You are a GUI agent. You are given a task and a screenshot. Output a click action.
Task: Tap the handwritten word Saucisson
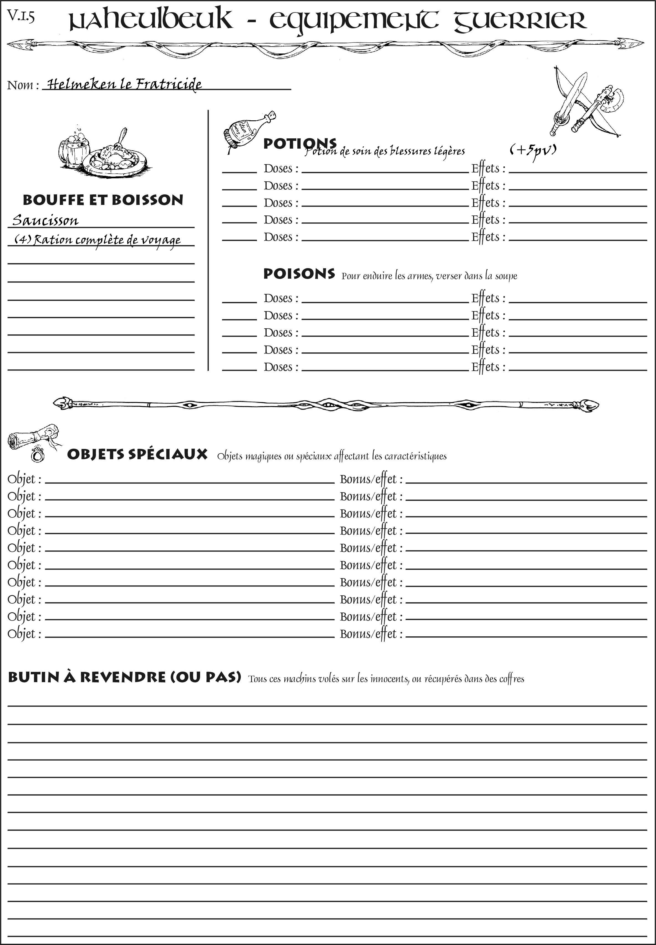(x=45, y=220)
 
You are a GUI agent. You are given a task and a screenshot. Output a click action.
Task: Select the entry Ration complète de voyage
(x=98, y=240)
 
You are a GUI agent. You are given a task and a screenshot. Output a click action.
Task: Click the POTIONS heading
(x=300, y=144)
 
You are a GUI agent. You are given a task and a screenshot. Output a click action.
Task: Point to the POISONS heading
(x=299, y=273)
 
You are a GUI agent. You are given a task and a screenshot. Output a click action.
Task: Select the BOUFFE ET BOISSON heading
(x=103, y=200)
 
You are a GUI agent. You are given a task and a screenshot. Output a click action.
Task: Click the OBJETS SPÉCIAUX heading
(x=137, y=454)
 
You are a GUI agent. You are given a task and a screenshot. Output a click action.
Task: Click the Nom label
(x=23, y=85)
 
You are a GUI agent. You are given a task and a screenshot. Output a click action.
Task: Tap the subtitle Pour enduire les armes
(x=429, y=276)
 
